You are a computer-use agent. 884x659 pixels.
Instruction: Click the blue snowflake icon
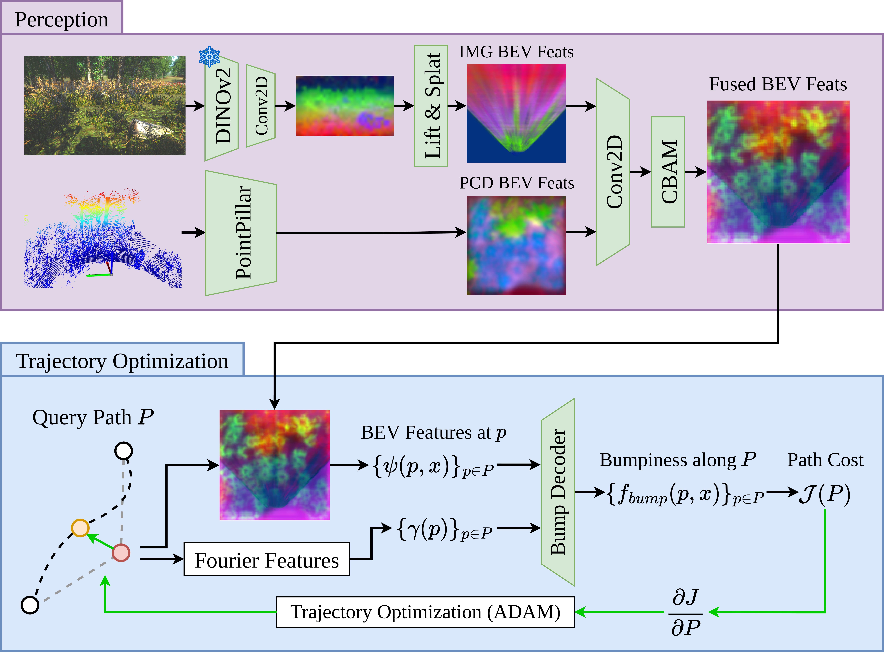click(x=209, y=57)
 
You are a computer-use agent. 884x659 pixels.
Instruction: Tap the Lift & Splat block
click(x=431, y=106)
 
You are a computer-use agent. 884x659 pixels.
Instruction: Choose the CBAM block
click(x=668, y=172)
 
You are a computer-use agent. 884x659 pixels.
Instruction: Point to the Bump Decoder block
click(x=558, y=492)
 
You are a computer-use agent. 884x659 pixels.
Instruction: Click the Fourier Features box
click(x=267, y=559)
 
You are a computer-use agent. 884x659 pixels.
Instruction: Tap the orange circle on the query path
click(x=80, y=528)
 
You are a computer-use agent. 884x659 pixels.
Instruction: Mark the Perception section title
click(x=62, y=19)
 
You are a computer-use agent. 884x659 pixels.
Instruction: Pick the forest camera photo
click(x=105, y=106)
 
